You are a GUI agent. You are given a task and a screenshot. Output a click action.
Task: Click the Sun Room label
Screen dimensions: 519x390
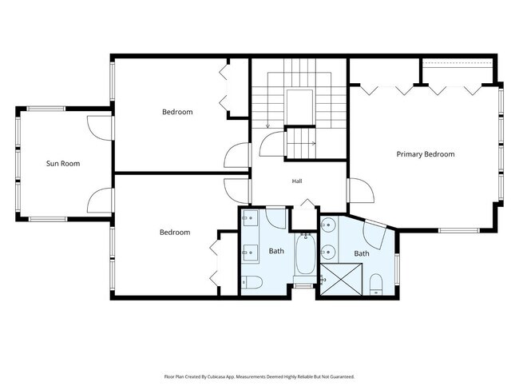tap(63, 163)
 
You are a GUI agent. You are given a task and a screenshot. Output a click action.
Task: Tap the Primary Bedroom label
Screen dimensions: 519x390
tap(426, 154)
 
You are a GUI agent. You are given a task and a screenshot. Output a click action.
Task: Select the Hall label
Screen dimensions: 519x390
tap(297, 181)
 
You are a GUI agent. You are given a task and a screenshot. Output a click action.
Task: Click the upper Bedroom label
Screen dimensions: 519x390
tap(177, 112)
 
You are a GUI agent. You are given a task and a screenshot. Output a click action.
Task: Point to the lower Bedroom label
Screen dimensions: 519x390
tap(175, 233)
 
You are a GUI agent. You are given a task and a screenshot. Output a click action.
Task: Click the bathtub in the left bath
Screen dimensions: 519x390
tap(305, 253)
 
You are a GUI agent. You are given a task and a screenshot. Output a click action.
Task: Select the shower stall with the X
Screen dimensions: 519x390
tap(341, 279)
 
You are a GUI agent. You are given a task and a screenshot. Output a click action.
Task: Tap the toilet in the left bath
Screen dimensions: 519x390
tap(252, 283)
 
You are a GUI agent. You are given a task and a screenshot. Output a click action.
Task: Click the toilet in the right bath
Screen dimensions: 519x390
tap(376, 285)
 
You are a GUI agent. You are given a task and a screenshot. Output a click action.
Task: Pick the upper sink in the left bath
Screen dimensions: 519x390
tap(250, 217)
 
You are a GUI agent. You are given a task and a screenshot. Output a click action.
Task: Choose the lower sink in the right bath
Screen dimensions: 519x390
tap(327, 253)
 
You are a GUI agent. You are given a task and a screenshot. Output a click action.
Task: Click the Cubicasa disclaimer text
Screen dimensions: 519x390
tap(259, 376)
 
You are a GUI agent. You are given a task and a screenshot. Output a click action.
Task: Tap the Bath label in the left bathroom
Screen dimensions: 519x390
tap(276, 251)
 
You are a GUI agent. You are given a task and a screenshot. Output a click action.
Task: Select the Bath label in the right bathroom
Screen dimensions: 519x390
tap(362, 253)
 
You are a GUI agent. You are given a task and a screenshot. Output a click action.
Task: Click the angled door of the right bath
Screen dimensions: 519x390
tap(375, 235)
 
